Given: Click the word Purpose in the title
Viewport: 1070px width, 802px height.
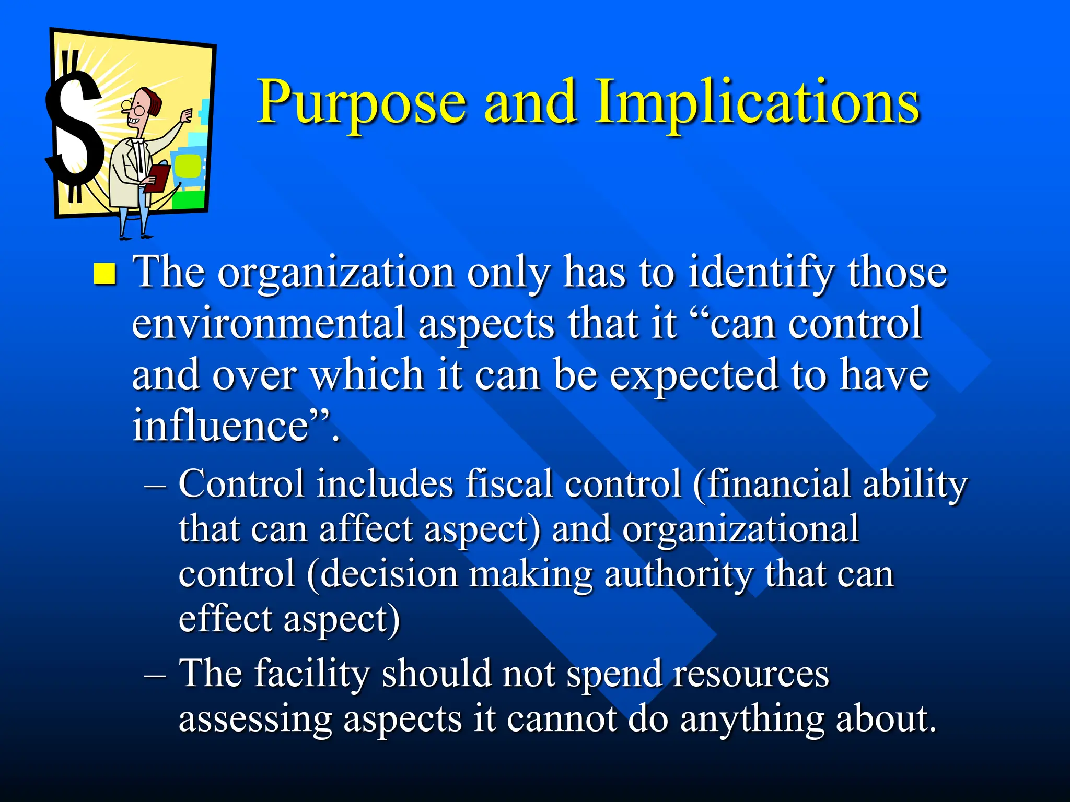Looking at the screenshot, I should pos(361,103).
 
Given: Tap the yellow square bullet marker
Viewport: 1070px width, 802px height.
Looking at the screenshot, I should pos(104,274).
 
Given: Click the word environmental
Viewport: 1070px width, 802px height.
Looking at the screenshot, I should pos(269,324).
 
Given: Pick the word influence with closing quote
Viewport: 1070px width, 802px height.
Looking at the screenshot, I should pos(235,426).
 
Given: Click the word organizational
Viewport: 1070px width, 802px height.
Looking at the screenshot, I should pos(740,529).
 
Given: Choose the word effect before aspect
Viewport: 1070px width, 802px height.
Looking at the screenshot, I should pos(226,619).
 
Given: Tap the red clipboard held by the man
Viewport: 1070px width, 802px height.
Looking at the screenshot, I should pos(158,178).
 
